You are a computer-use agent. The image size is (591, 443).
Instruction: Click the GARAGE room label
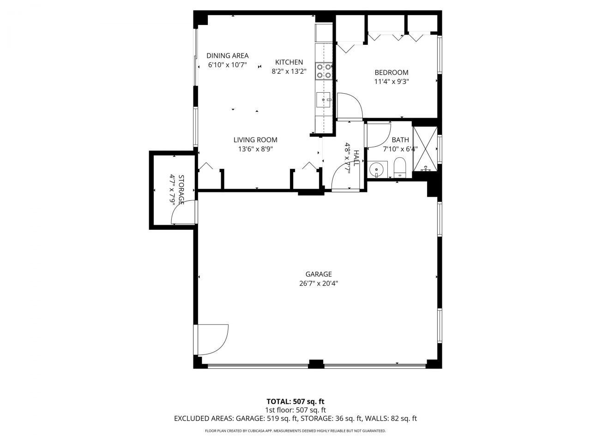[318, 274]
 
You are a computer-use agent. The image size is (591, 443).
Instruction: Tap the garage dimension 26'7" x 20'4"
[318, 284]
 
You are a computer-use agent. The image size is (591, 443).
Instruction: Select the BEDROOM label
[391, 72]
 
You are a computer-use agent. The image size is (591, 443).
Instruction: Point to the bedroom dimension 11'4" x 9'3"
[391, 82]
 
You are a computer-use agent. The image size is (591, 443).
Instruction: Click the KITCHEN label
[289, 62]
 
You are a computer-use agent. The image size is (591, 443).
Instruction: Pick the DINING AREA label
[227, 56]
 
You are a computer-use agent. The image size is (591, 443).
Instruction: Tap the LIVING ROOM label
[255, 140]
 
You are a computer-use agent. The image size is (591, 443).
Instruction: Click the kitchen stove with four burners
[324, 71]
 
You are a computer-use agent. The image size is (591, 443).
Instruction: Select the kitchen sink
[324, 99]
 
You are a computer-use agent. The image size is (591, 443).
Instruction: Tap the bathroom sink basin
[378, 170]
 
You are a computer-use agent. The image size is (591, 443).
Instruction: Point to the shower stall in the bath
[424, 149]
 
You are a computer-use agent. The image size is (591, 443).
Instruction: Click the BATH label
[400, 140]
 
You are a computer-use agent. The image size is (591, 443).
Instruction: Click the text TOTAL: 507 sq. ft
[295, 401]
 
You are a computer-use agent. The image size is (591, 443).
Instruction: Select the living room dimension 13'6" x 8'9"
[255, 149]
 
